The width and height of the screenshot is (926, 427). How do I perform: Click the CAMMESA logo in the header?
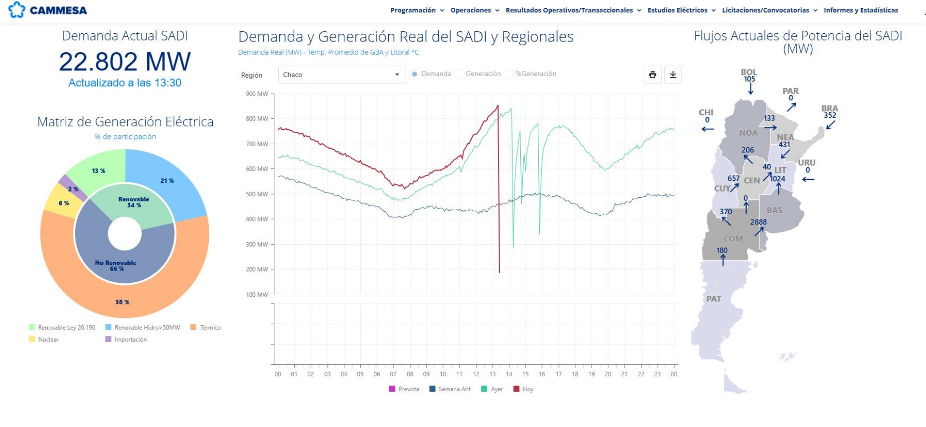[48, 10]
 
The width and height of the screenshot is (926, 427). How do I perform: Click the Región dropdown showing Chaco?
[341, 75]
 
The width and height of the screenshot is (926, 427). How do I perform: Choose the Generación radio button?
[459, 74]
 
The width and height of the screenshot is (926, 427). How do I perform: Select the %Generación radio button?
[509, 74]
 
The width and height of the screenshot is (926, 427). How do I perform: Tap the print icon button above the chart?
[653, 75]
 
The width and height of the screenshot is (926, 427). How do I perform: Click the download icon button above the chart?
[673, 75]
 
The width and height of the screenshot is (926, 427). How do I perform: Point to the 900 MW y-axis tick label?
[257, 94]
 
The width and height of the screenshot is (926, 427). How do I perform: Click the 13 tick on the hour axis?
[492, 374]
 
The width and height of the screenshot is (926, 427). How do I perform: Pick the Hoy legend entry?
[524, 389]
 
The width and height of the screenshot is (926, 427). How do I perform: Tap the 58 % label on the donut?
[122, 302]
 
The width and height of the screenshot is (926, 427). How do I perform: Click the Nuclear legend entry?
[44, 339]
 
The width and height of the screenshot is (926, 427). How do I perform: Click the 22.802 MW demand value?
[125, 62]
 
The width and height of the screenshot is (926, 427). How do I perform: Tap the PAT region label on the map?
[714, 299]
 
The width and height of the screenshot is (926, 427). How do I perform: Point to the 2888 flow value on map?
[758, 222]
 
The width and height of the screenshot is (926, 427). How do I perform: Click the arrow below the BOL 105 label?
[750, 89]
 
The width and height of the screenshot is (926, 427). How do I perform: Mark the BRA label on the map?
[830, 109]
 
